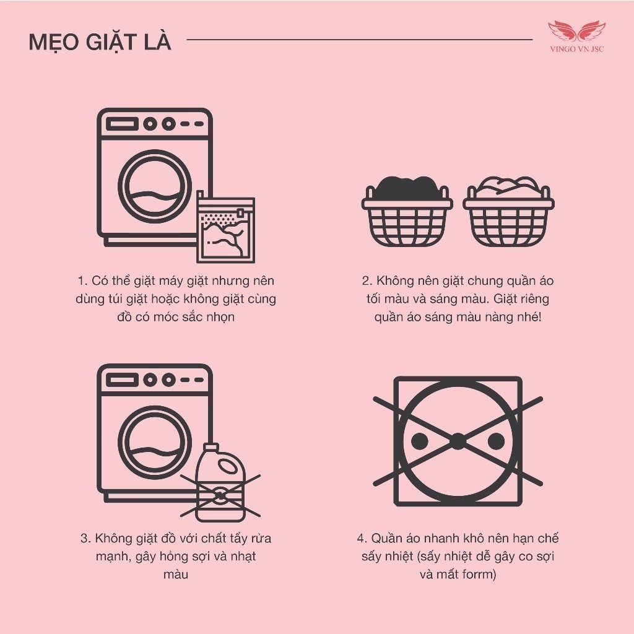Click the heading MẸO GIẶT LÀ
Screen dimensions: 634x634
pyautogui.click(x=100, y=42)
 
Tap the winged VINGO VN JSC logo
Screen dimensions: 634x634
pyautogui.click(x=577, y=37)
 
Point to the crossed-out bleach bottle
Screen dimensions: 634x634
pyautogui.click(x=220, y=483)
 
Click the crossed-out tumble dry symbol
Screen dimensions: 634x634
pyautogui.click(x=458, y=441)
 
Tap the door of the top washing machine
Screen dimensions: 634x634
pyautogui.click(x=155, y=186)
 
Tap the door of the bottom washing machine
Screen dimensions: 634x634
pyautogui.click(x=155, y=442)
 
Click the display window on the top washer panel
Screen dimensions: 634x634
pyautogui.click(x=122, y=124)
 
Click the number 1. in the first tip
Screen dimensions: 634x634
pyautogui.click(x=82, y=280)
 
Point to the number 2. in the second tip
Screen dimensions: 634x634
pyautogui.click(x=367, y=280)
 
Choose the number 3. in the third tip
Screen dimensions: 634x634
pyautogui.click(x=85, y=538)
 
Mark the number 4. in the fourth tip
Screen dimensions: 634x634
pyautogui.click(x=362, y=538)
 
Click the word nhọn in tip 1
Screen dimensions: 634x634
pyautogui.click(x=221, y=317)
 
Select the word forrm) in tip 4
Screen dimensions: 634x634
pyautogui.click(x=480, y=574)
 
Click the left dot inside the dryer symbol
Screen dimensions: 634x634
pyautogui.click(x=419, y=441)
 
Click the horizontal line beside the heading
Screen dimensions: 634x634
pyautogui.click(x=360, y=40)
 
